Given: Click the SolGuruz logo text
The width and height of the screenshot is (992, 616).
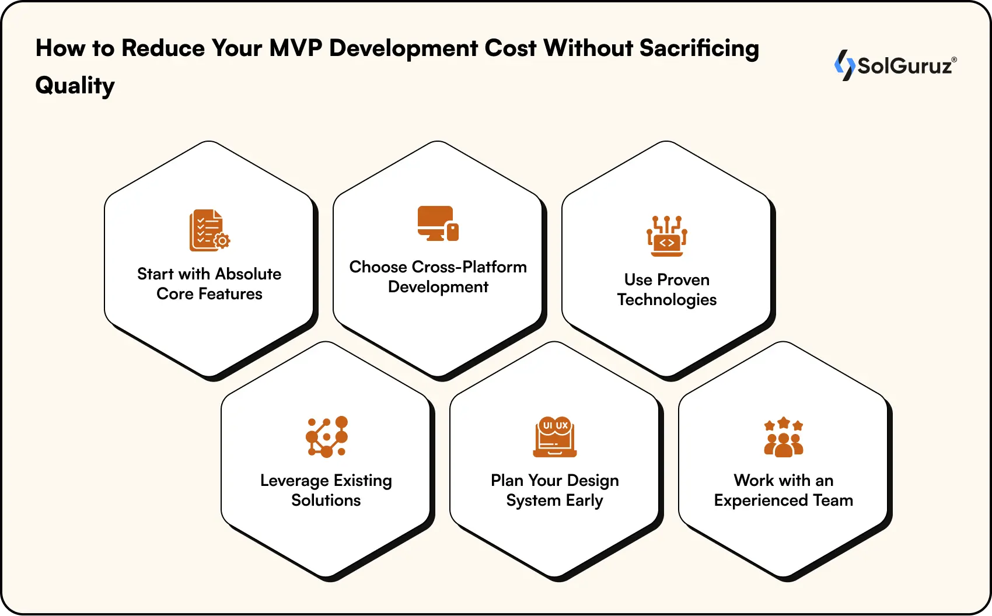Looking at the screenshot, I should [904, 66].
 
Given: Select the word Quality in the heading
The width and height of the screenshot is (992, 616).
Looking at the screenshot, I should [75, 85].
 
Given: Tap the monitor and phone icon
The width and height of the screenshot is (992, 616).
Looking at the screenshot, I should [438, 223].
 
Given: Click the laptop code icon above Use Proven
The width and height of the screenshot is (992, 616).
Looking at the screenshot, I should [666, 236].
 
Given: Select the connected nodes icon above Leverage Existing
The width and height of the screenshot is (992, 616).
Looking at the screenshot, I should [327, 436].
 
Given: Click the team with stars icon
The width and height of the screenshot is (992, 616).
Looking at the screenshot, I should [784, 437].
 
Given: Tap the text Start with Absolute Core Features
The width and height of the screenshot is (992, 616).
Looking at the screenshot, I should [209, 284].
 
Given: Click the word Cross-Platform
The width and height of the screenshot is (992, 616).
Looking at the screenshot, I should [469, 267].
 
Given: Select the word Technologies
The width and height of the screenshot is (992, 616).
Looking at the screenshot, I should [666, 300].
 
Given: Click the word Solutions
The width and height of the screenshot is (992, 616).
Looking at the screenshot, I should [326, 501].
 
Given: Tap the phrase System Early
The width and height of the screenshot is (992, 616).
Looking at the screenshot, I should [554, 501].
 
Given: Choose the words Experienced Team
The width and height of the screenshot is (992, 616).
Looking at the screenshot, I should [783, 501].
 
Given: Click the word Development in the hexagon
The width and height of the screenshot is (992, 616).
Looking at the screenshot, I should [438, 287].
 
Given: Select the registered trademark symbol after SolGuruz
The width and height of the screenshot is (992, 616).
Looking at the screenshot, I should [954, 60].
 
